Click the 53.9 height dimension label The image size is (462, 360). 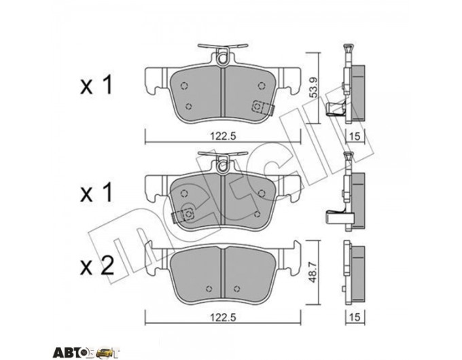[x=313, y=87]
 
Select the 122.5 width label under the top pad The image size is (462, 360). [x=223, y=136]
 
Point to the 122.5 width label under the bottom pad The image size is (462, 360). [x=223, y=317]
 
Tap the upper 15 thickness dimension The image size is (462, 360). [x=355, y=136]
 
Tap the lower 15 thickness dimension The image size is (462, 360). [x=355, y=317]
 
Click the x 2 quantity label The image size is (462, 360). [x=97, y=266]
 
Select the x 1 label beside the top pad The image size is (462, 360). [x=96, y=85]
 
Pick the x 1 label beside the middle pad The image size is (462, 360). [x=96, y=192]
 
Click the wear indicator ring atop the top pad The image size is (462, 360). [x=222, y=59]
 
